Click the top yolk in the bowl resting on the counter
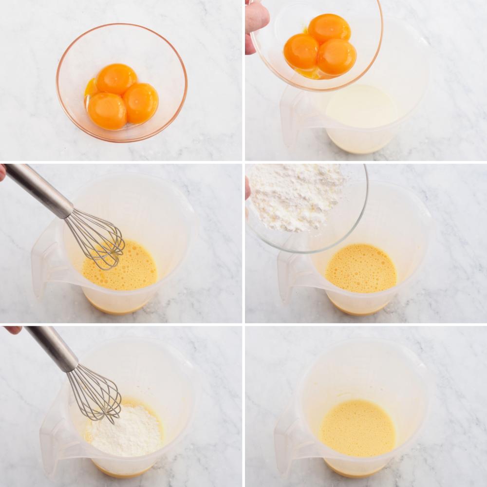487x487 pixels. coord(116,78)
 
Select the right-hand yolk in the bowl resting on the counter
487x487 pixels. coord(141,102)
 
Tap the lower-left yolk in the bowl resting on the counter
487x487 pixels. coord(107,111)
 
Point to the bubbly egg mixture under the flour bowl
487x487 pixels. coord(361,268)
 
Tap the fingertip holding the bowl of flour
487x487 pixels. coord(247,187)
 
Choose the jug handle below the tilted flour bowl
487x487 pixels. coord(292,273)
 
